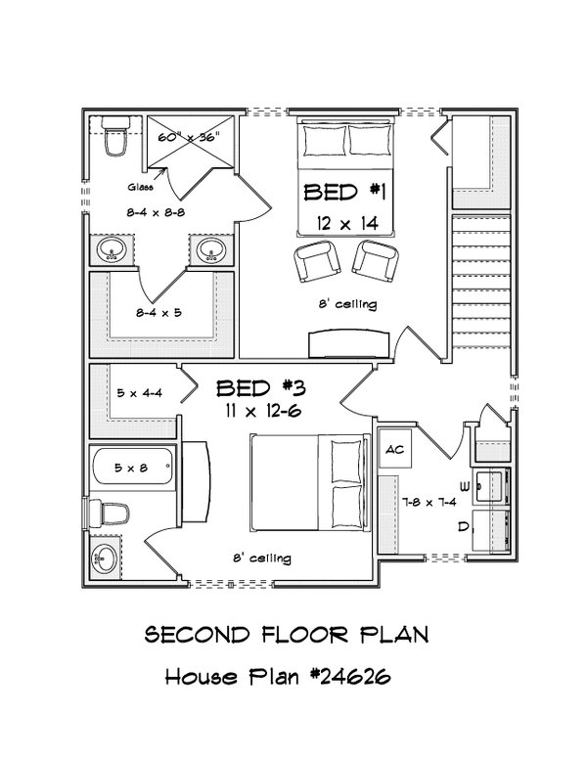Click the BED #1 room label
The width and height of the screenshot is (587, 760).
[344, 192]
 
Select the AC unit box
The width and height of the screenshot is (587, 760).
[396, 450]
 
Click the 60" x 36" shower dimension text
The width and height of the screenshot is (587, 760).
[189, 138]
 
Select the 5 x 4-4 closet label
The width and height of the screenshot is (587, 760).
[138, 394]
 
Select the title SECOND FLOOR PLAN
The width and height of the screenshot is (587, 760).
[287, 636]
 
